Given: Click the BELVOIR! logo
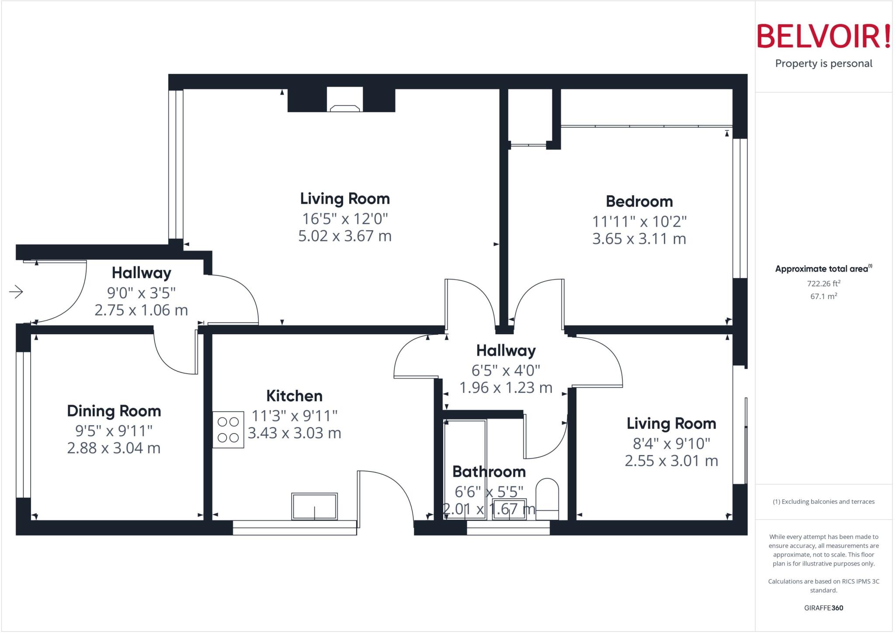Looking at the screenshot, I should [x=824, y=36].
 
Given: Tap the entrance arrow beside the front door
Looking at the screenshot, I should [x=16, y=291].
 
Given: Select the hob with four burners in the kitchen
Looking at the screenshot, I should [x=228, y=430].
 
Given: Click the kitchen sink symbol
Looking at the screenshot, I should [x=314, y=507].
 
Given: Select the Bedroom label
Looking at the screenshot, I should [x=639, y=202].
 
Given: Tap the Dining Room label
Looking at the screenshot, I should [x=114, y=411].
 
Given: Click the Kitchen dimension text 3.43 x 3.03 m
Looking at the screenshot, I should [x=294, y=433].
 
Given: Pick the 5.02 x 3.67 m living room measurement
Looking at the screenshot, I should [x=345, y=236].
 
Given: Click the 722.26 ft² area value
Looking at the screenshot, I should [x=823, y=283].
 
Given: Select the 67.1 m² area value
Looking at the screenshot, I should [x=823, y=296].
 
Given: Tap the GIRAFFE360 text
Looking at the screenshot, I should [x=823, y=608].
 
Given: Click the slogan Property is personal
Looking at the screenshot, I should [x=823, y=63].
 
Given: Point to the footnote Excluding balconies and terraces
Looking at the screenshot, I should [x=823, y=502].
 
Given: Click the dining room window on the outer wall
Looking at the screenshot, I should [x=23, y=424].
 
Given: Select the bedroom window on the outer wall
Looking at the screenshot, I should [x=740, y=208].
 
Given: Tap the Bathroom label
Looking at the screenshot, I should [x=489, y=472].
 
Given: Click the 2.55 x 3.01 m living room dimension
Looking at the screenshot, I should [x=671, y=461].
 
